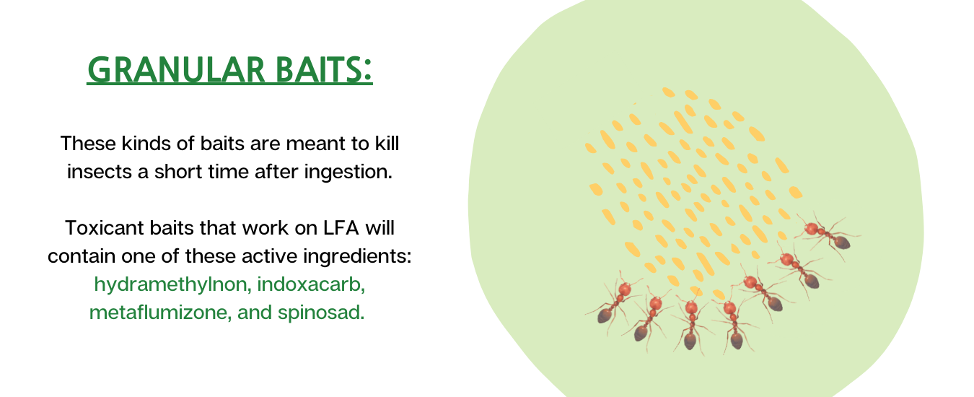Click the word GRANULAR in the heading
click(x=176, y=70)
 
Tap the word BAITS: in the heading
click(x=325, y=70)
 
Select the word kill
click(x=387, y=143)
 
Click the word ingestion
click(x=348, y=173)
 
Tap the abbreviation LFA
click(x=341, y=227)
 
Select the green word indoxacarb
click(x=311, y=284)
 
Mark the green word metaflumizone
click(x=160, y=313)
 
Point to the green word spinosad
click(x=321, y=313)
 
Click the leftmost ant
click(x=613, y=302)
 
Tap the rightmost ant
click(x=827, y=235)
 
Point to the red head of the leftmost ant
click(x=625, y=289)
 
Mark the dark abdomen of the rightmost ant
click(x=842, y=243)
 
